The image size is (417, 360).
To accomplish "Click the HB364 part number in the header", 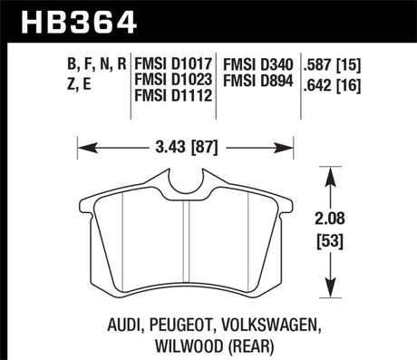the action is (79, 22).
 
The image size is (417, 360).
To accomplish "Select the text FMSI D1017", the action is (173, 64).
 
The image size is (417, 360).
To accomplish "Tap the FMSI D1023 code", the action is (173, 80).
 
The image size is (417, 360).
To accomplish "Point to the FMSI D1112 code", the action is (173, 95).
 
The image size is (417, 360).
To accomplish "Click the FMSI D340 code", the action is (258, 64).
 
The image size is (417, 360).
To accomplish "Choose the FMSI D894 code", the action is (258, 81).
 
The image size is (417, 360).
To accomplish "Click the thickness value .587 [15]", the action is (332, 64).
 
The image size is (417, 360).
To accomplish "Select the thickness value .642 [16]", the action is (332, 86).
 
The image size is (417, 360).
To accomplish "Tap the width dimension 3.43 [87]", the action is (187, 148).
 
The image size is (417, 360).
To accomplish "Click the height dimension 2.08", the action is (330, 219).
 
